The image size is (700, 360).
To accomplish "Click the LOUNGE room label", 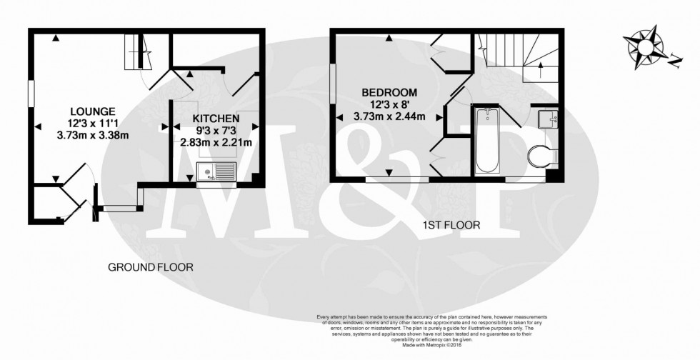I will (x=93, y=111).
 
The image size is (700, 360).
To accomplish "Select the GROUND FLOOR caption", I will (x=150, y=267).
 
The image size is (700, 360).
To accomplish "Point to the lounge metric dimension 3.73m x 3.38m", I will (x=93, y=134).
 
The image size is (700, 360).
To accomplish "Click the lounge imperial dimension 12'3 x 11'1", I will (x=93, y=122).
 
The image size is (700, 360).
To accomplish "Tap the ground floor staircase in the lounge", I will (x=138, y=51).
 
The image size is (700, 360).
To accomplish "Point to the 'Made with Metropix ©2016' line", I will (x=433, y=346).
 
